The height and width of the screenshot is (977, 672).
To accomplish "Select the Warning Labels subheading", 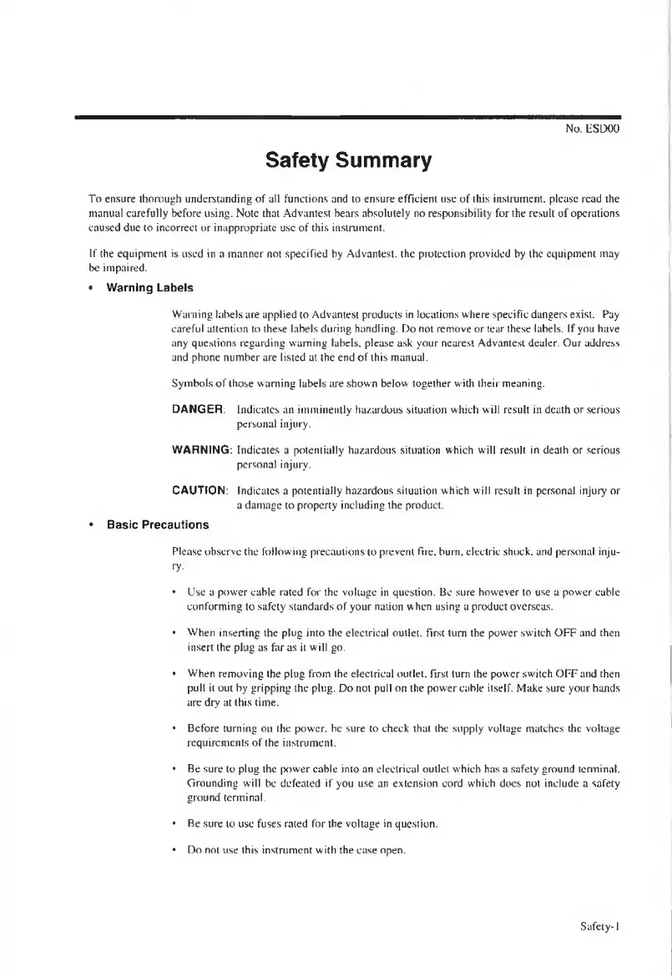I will (x=149, y=288).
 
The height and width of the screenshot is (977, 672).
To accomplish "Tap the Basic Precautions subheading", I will (x=158, y=525).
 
